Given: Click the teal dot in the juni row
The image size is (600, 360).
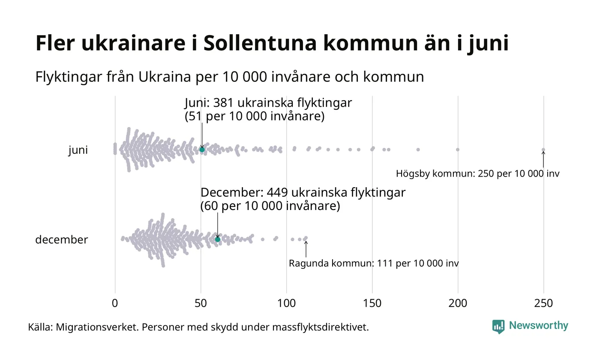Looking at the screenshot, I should (x=202, y=149).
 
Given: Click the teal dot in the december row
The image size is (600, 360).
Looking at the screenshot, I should (x=217, y=239).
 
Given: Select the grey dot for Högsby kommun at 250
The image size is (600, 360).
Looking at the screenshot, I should (x=543, y=150).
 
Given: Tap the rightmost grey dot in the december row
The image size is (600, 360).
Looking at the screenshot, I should (x=306, y=238).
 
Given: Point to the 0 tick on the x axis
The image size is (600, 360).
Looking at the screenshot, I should (x=115, y=303).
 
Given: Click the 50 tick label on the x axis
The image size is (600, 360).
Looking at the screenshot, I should (x=201, y=303).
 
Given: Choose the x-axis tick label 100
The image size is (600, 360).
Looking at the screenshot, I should (x=286, y=303).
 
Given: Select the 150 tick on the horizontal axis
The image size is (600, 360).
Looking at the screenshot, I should (x=372, y=303).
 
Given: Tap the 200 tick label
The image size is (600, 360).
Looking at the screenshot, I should (x=458, y=303).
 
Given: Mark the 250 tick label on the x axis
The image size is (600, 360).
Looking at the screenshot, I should (x=543, y=303).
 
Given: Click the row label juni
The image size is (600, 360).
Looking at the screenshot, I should (x=78, y=150).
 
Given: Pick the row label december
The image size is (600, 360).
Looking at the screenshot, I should (x=61, y=240).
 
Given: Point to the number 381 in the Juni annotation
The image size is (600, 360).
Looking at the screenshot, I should (x=223, y=103).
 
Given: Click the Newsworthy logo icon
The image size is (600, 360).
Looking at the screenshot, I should (x=498, y=327).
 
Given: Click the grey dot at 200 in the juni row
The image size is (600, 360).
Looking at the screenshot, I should (x=458, y=150).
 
